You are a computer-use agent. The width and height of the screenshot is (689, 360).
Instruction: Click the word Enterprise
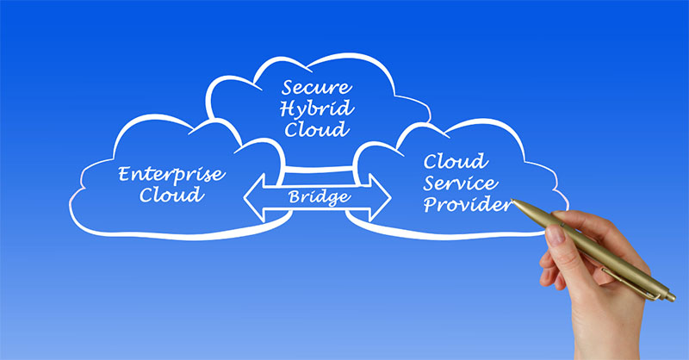pyautogui.click(x=172, y=176)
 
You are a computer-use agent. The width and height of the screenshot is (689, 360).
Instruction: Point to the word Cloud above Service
pyautogui.click(x=456, y=161)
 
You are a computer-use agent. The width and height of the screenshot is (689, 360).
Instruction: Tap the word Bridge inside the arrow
pyautogui.click(x=318, y=197)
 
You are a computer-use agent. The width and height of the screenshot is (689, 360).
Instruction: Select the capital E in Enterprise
pyautogui.click(x=124, y=176)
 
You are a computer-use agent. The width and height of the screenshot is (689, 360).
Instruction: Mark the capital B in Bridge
pyautogui.click(x=294, y=197)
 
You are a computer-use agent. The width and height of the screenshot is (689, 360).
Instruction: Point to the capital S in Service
pyautogui.click(x=428, y=183)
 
